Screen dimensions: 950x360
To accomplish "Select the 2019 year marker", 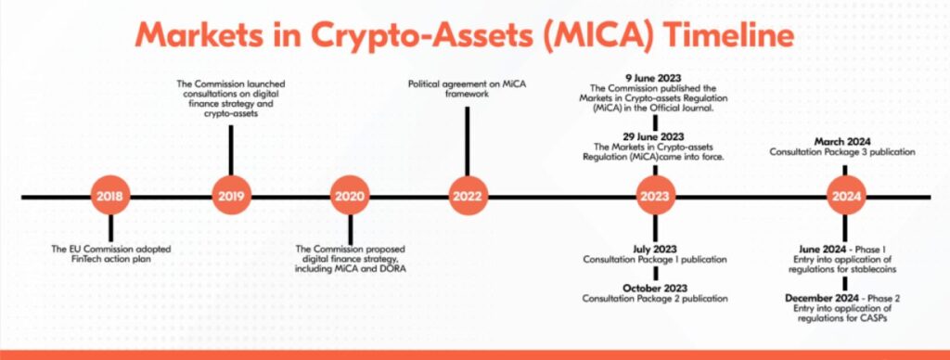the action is coord(231,197).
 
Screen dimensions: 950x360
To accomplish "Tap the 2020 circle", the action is coord(350,197).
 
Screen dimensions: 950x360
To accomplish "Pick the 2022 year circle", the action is coord(468,197).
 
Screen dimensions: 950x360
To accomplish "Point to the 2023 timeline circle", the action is coord(656,197).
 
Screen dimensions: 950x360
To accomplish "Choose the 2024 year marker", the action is coord(846,197).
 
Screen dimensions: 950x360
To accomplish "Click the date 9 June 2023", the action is coord(653,78).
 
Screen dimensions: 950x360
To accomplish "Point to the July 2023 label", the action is coord(655,249).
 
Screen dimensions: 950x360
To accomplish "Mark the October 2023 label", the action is coord(655,288).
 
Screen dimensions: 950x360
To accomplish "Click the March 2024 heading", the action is coord(842,142).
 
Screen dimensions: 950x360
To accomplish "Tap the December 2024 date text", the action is coord(822,298).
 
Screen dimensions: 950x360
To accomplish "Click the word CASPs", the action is coord(874,319).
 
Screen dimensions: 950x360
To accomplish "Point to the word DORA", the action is coord(392,268).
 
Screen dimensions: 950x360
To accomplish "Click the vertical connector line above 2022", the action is coord(467,141).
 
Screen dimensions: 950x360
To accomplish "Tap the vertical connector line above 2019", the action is coord(231,150).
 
